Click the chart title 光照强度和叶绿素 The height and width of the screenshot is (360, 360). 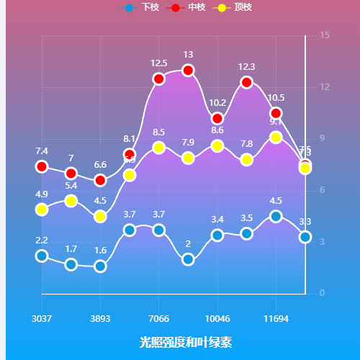[x=186, y=341]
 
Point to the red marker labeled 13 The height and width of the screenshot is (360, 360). [x=188, y=70]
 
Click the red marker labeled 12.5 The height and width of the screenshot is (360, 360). [x=159, y=78]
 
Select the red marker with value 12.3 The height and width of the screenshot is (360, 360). [x=247, y=82]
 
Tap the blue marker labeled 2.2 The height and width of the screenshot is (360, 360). [x=42, y=256]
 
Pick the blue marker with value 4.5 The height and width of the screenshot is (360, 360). [x=276, y=216]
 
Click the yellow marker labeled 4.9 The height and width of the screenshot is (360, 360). [x=42, y=210]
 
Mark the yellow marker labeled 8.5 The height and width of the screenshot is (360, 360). [x=159, y=148]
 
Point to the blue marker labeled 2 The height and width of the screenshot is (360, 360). [x=188, y=259]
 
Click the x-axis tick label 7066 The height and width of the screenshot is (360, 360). [x=159, y=318]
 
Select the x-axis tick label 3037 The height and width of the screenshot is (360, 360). [x=42, y=318]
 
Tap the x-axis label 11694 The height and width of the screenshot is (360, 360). [x=276, y=318]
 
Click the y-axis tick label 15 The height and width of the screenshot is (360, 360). [x=325, y=35]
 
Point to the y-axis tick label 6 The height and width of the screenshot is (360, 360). [x=322, y=190]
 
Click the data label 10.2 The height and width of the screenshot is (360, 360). [x=217, y=103]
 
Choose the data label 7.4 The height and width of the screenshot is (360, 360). [x=42, y=151]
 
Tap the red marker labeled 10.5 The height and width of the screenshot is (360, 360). [x=276, y=113]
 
